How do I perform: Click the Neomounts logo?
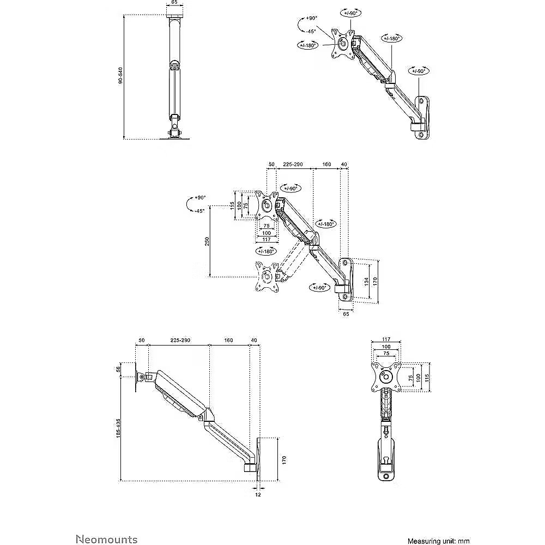[x=107, y=540]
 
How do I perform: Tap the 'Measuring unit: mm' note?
[x=439, y=541]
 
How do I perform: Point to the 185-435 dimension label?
[x=118, y=428]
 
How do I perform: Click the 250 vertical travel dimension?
[x=207, y=241]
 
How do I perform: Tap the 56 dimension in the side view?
[x=118, y=369]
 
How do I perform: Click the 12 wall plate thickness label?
[x=258, y=495]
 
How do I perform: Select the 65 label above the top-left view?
[x=174, y=2]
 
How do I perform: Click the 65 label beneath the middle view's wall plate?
[x=346, y=313]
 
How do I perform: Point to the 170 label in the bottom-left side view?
[x=284, y=460]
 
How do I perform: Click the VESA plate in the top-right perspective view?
[x=343, y=44]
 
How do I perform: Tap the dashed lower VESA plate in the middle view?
[x=267, y=277]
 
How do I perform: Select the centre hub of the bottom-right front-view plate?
[x=385, y=377]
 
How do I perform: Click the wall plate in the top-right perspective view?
[x=422, y=118]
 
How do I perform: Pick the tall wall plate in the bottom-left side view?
[x=258, y=459]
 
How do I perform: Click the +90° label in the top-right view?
[x=311, y=18]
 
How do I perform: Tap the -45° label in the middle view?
[x=199, y=210]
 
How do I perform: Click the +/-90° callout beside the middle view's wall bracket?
[x=319, y=288]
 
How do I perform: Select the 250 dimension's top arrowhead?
[x=210, y=208]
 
